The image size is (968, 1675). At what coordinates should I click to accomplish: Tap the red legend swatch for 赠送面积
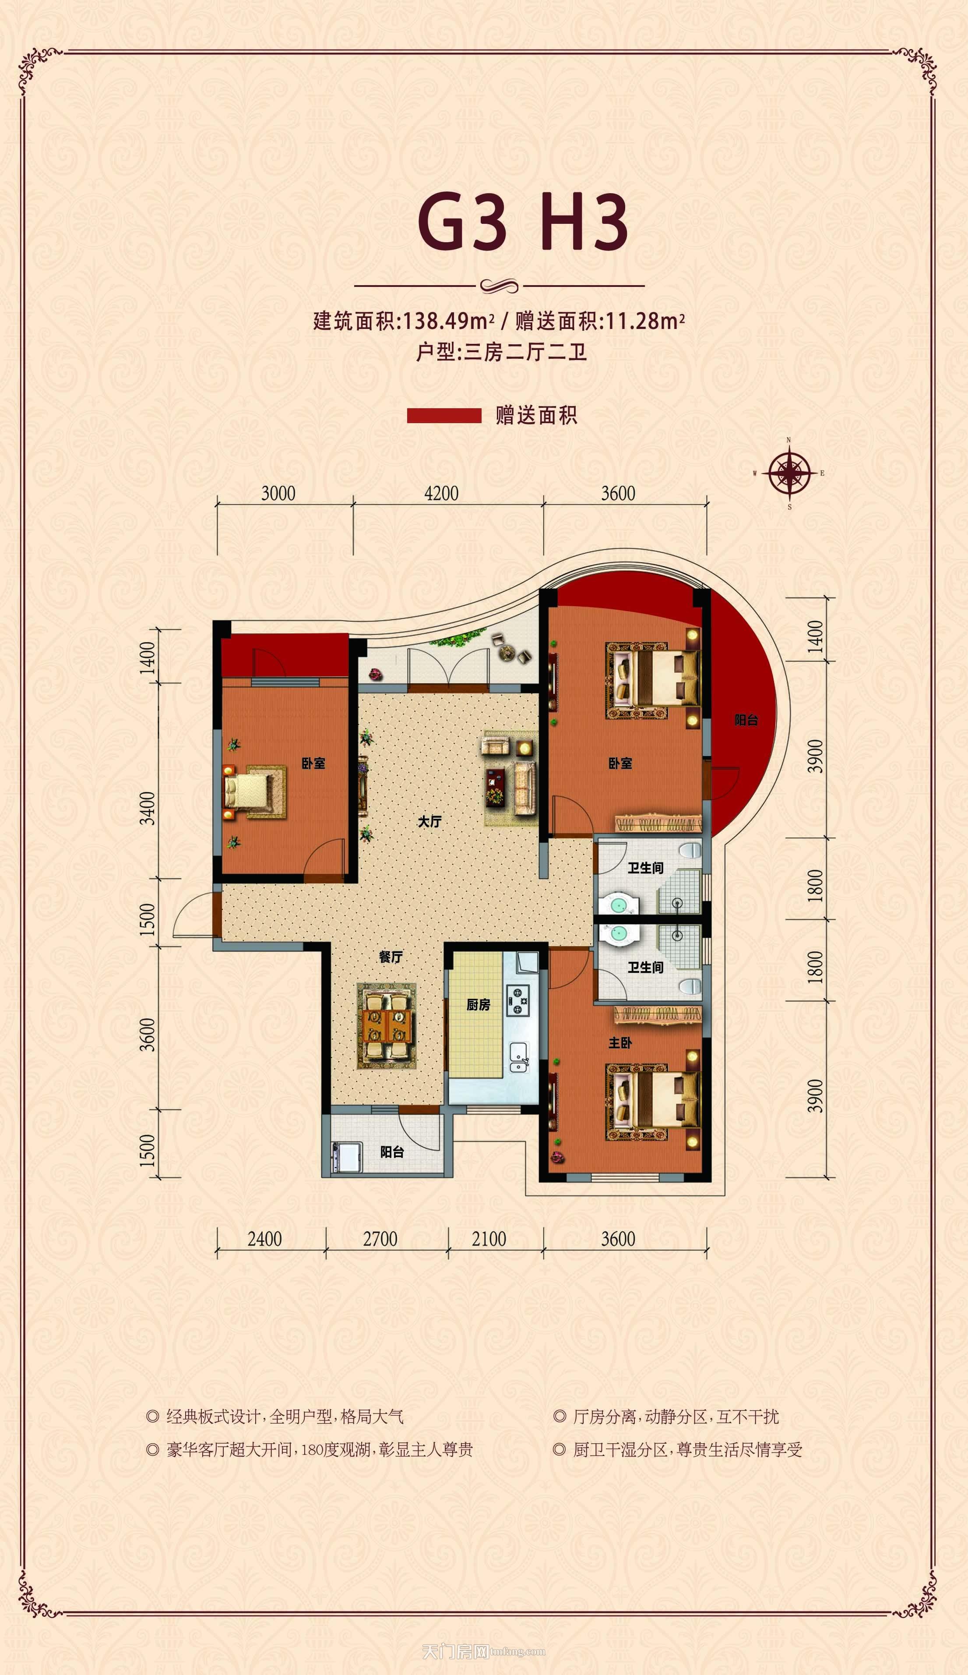(x=444, y=415)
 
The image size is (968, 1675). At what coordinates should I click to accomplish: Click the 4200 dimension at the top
(x=441, y=493)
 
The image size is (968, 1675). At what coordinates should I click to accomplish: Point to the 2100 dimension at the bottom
(x=489, y=1239)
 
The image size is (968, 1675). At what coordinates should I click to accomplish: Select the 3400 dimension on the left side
(x=148, y=808)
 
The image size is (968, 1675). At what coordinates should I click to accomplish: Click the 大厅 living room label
(x=430, y=822)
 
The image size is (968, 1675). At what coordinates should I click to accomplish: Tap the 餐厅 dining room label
(x=391, y=957)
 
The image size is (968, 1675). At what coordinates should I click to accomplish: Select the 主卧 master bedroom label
(x=620, y=1043)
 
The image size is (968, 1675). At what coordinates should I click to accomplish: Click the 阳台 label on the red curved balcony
(x=746, y=720)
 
